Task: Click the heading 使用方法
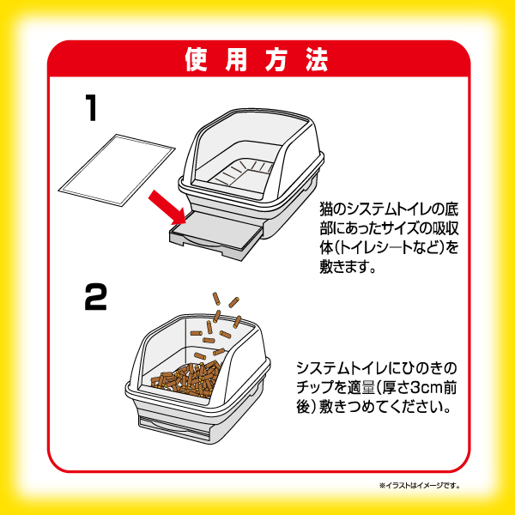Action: (x=257, y=61)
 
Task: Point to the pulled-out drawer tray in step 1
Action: (x=215, y=233)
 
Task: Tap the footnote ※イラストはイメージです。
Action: (x=421, y=486)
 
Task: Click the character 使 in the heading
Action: (x=195, y=61)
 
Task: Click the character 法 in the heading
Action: (x=317, y=61)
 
